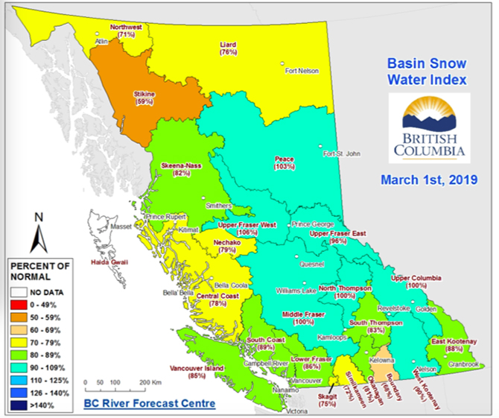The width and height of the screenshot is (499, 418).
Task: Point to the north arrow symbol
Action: (39, 232)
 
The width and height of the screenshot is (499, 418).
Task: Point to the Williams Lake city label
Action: (296, 290)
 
